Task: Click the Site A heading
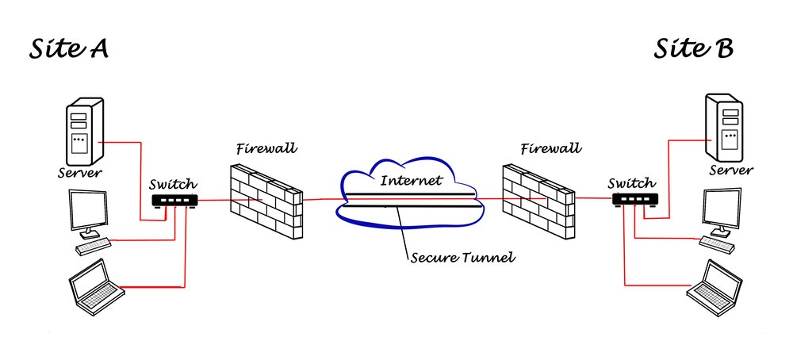pyautogui.click(x=69, y=49)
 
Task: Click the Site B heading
pyautogui.click(x=694, y=49)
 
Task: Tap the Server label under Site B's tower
pyautogui.click(x=731, y=170)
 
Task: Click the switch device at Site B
pyautogui.click(x=635, y=201)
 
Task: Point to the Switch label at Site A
pyautogui.click(x=174, y=184)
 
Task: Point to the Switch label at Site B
pyautogui.click(x=632, y=183)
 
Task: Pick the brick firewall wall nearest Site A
pyautogui.click(x=264, y=201)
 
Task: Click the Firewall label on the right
pyautogui.click(x=550, y=147)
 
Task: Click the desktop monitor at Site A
pyautogui.click(x=88, y=213)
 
